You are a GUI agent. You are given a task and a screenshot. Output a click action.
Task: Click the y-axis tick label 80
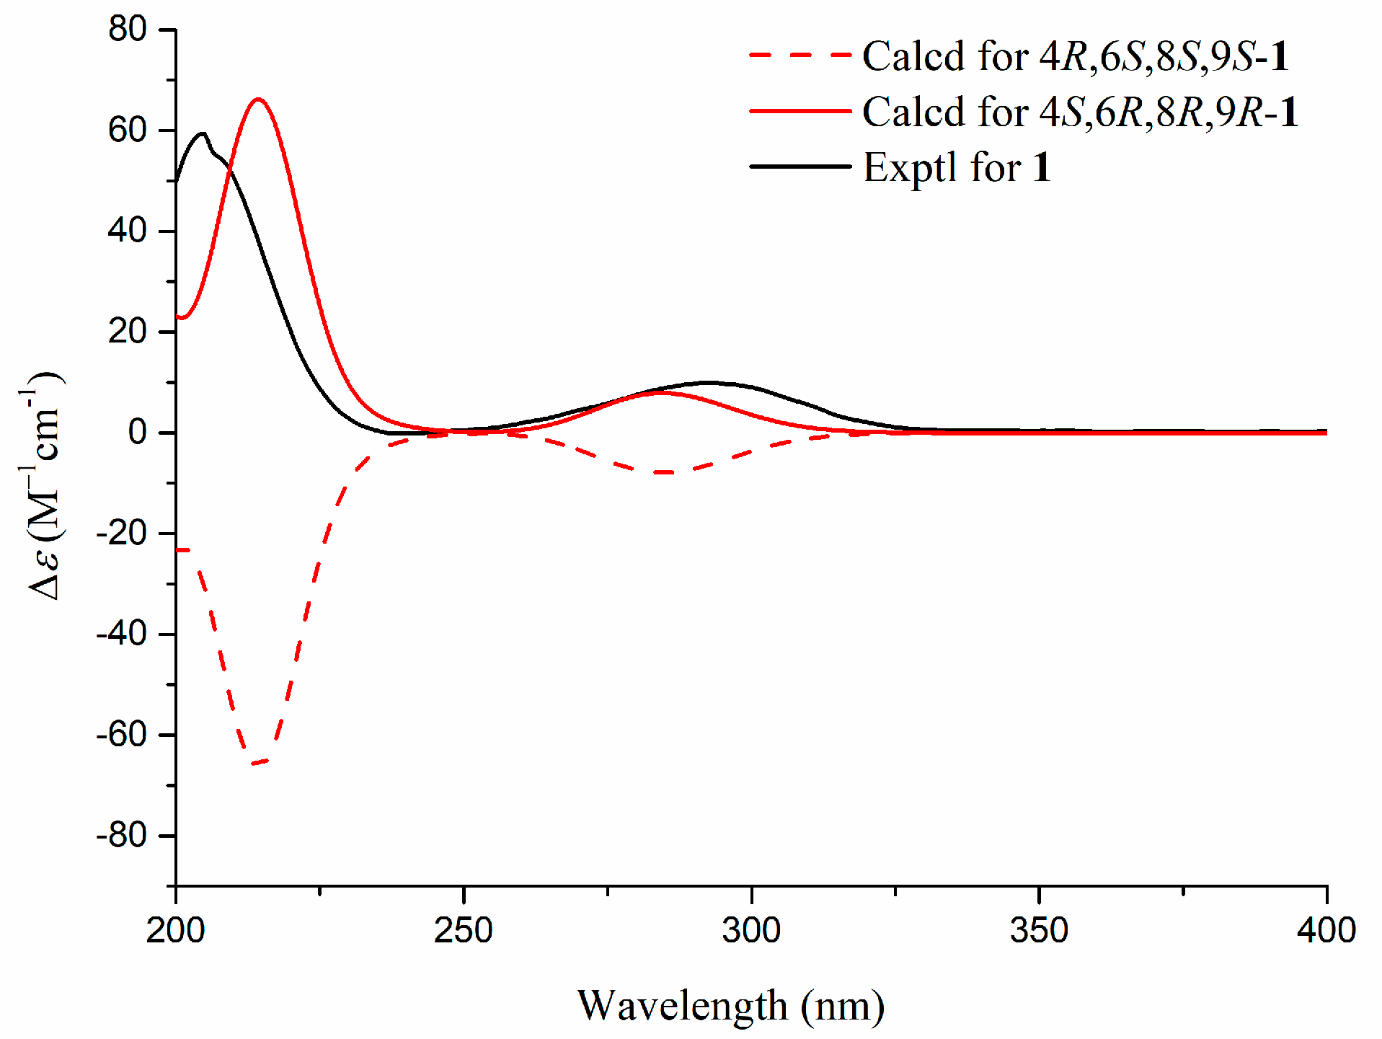click(x=128, y=30)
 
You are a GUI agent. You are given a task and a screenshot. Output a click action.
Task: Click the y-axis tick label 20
click(x=128, y=332)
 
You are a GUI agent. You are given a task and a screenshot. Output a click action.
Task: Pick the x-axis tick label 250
click(x=463, y=930)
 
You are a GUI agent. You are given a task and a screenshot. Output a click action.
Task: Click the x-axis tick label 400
click(x=1326, y=930)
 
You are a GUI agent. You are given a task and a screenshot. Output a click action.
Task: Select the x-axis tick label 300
click(x=751, y=930)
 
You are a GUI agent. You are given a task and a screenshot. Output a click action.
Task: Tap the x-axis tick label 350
click(x=1039, y=930)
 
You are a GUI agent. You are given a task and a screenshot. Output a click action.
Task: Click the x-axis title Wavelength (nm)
click(x=730, y=1006)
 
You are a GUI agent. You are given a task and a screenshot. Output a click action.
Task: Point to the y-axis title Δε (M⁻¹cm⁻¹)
click(x=43, y=487)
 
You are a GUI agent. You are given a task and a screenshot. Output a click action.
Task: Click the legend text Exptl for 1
click(x=957, y=167)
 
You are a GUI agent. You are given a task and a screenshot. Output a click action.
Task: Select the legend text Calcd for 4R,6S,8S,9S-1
click(x=1075, y=56)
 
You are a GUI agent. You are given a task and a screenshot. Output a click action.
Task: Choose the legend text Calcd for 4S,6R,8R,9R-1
click(x=1079, y=112)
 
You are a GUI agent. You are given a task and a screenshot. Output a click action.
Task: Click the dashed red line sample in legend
click(x=800, y=55)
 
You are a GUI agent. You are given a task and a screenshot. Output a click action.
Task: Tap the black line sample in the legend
click(x=800, y=167)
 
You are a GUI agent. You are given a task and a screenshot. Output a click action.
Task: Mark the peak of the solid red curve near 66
click(x=258, y=100)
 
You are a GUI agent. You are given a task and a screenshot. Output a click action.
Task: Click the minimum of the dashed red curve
click(x=257, y=763)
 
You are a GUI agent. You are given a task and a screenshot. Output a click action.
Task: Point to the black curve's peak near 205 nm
click(x=203, y=133)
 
